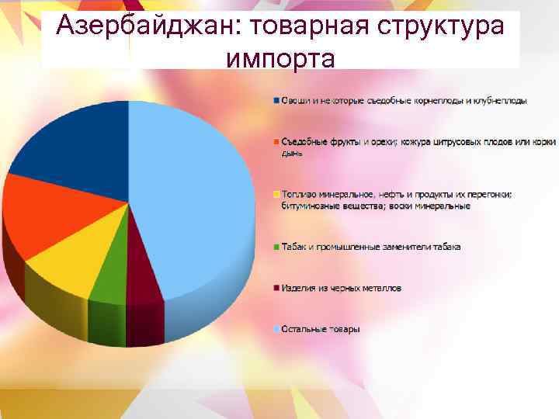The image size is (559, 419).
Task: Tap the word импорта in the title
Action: coord(281,58)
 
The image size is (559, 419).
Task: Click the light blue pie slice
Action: coord(194,202)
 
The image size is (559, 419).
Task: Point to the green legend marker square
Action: coord(276,247)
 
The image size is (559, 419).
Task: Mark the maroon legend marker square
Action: coord(276,288)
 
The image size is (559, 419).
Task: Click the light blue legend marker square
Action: coord(276,329)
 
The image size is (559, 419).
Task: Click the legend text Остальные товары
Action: coord(321,329)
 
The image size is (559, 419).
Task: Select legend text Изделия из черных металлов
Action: coord(341,288)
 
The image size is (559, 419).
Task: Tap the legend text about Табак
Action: coord(370,247)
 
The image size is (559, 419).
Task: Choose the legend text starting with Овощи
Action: coord(404,101)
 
